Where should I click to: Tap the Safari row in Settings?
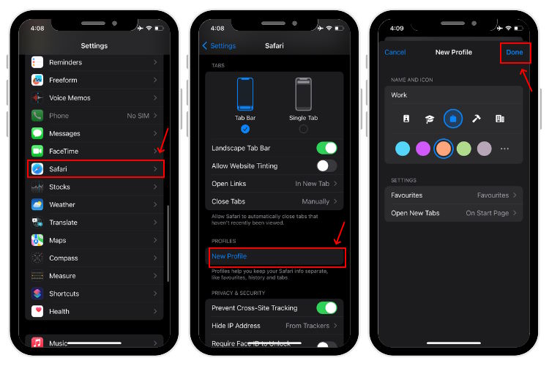coord(95,169)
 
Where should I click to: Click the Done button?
coord(515,53)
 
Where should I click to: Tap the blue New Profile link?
coord(229,256)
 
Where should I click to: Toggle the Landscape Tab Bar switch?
coord(326,149)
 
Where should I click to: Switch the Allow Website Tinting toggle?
coord(326,166)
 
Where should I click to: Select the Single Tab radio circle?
coord(303,129)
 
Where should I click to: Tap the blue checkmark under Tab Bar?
coord(245,129)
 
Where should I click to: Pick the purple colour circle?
coord(423,149)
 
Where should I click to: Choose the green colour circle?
coord(464,149)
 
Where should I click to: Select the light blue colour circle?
coord(403,149)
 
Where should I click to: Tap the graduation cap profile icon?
coord(430,119)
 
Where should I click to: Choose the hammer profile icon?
coord(477,119)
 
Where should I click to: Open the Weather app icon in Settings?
coord(38,205)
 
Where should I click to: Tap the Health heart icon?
coord(38,311)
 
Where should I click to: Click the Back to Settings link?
coord(219,45)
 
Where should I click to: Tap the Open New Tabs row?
coord(453,213)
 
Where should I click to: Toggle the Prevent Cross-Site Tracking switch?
coord(326,307)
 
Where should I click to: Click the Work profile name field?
coord(453,95)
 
